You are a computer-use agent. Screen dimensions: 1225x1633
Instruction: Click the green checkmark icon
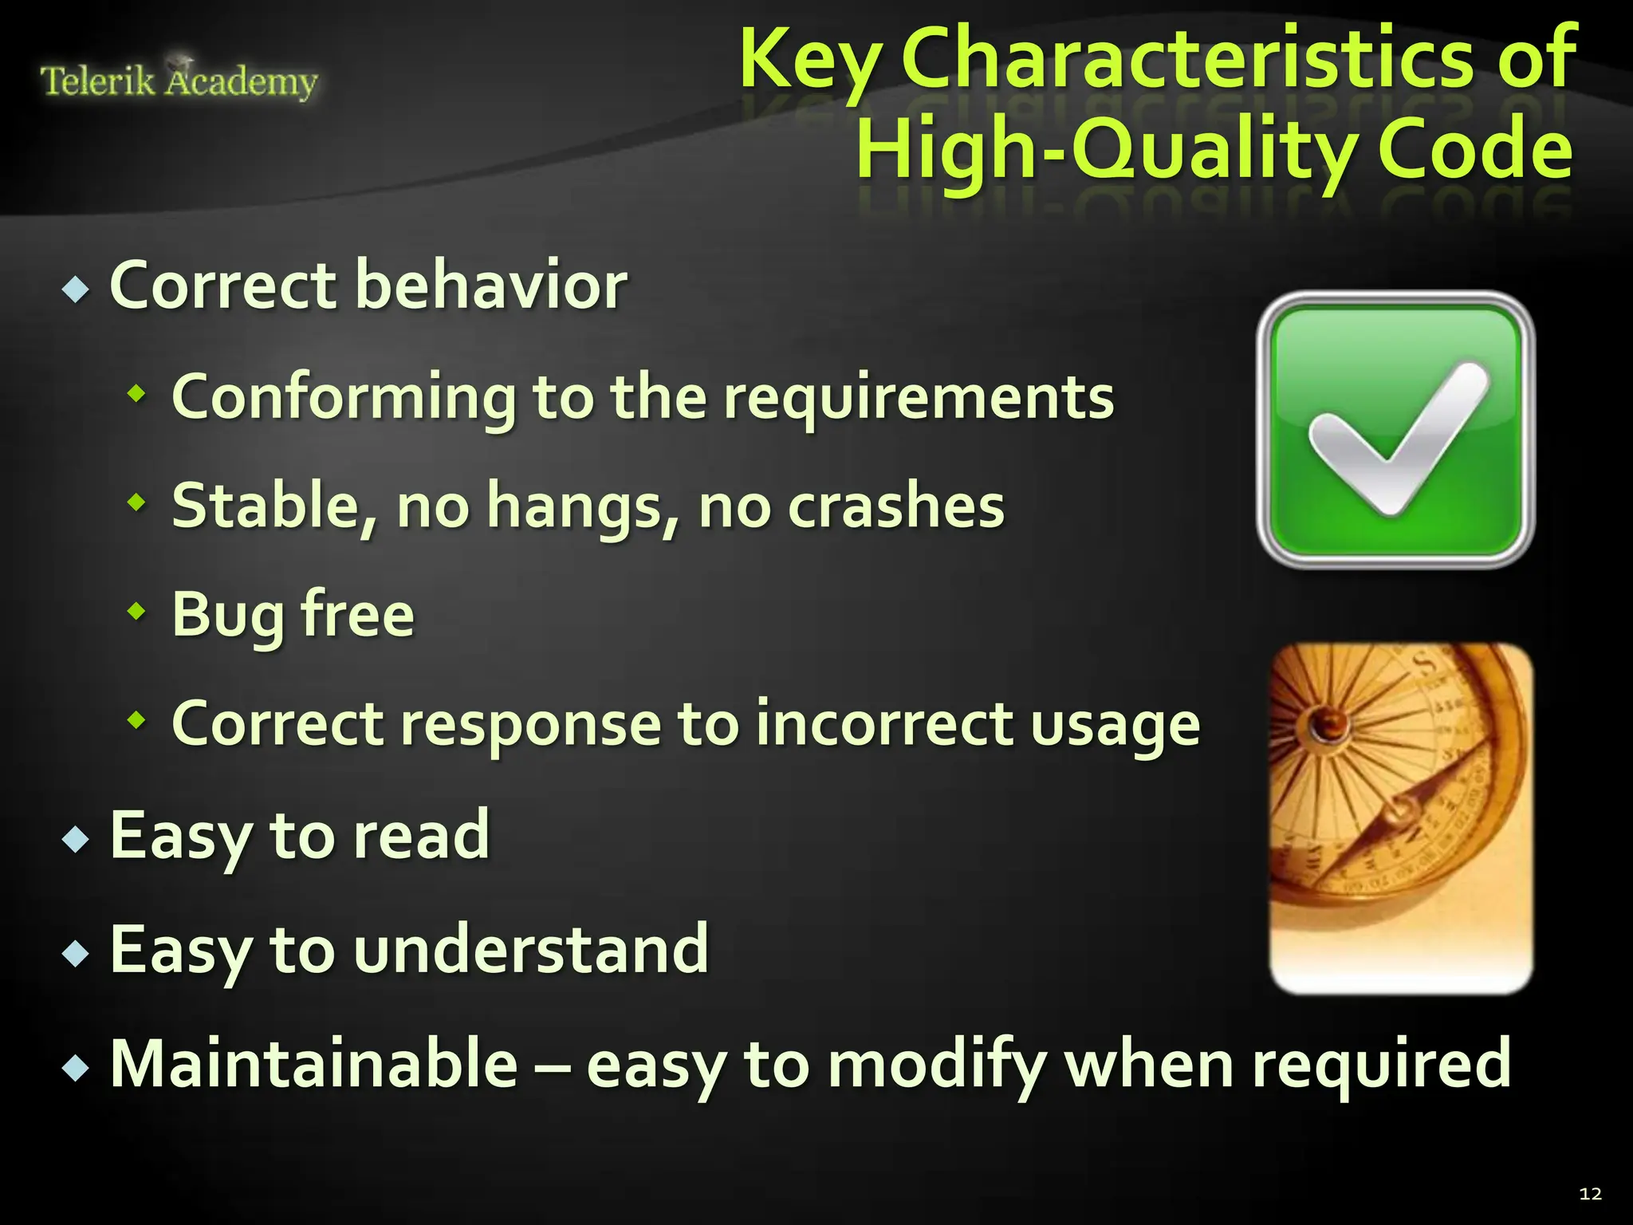point(1395,431)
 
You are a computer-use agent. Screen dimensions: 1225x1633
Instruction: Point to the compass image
point(1400,817)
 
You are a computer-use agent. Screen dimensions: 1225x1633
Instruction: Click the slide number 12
point(1590,1194)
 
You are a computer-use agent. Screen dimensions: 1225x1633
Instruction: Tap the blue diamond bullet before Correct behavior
point(76,290)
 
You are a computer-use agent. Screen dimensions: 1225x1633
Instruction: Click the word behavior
point(490,286)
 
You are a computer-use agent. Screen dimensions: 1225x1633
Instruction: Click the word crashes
point(896,506)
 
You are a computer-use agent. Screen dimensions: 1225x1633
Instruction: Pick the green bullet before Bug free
point(137,612)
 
